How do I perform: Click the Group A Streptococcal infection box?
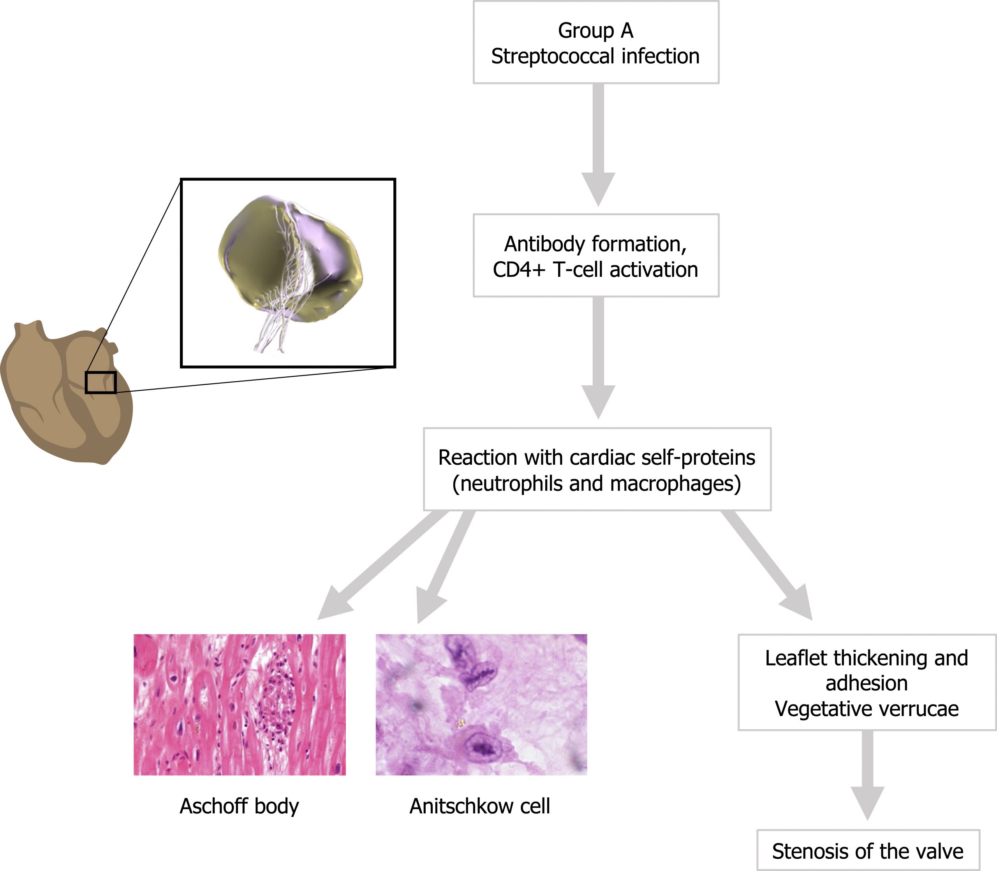[596, 43]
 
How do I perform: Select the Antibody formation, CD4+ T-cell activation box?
[596, 256]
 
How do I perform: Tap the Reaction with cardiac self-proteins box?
[597, 469]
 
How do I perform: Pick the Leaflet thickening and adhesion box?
[867, 682]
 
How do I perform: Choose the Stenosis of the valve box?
[868, 851]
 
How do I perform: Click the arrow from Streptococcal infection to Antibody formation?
[598, 146]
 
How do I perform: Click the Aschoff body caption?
[239, 806]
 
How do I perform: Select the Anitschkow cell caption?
[479, 806]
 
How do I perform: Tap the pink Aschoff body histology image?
[239, 704]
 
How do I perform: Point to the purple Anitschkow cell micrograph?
[481, 704]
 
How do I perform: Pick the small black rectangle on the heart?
[100, 382]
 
